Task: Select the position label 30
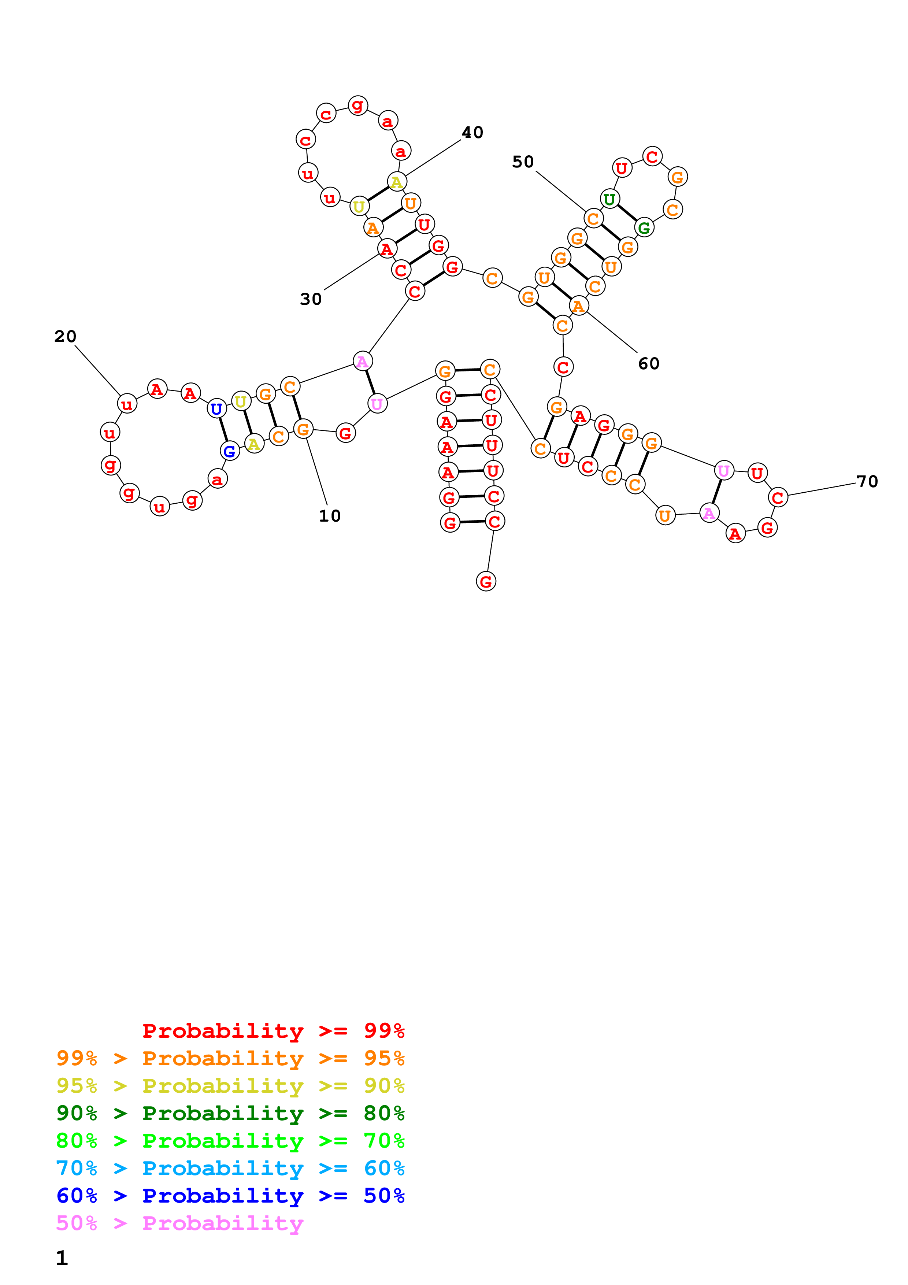pyautogui.click(x=311, y=299)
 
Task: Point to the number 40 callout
pyautogui.click(x=472, y=133)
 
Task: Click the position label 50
pyautogui.click(x=523, y=162)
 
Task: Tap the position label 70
pyautogui.click(x=867, y=481)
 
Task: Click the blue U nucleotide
pyautogui.click(x=216, y=409)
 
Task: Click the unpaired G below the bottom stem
pyautogui.click(x=486, y=581)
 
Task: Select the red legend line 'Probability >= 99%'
pyautogui.click(x=274, y=1031)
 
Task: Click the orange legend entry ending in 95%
pyautogui.click(x=230, y=1058)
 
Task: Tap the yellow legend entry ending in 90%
pyautogui.click(x=230, y=1086)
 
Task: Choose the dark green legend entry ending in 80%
pyautogui.click(x=230, y=1113)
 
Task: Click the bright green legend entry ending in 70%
pyautogui.click(x=230, y=1141)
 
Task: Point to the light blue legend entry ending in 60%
pyautogui.click(x=230, y=1168)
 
